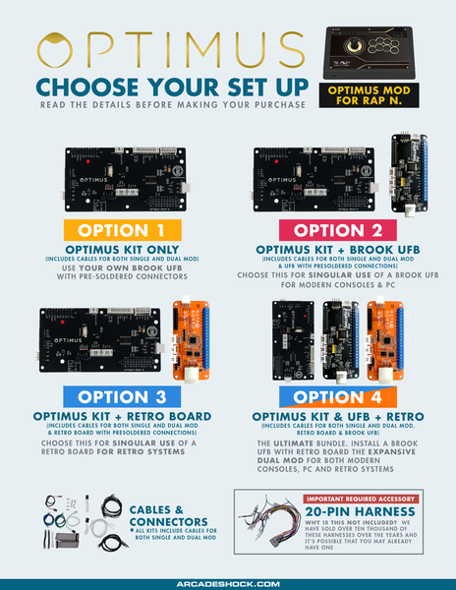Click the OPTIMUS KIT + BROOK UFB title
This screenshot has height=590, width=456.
336,250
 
